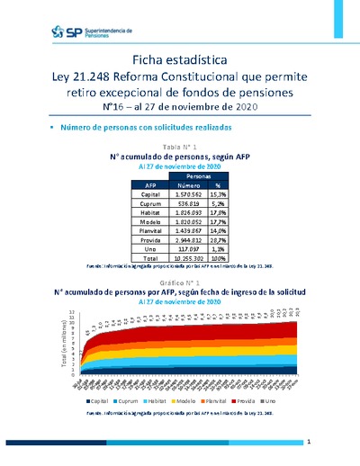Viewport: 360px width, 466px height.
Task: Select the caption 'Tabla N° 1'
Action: pyautogui.click(x=180, y=146)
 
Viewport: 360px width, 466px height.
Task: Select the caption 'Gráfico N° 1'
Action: pyautogui.click(x=180, y=282)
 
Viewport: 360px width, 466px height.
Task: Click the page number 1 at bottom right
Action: pyautogui.click(x=308, y=442)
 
